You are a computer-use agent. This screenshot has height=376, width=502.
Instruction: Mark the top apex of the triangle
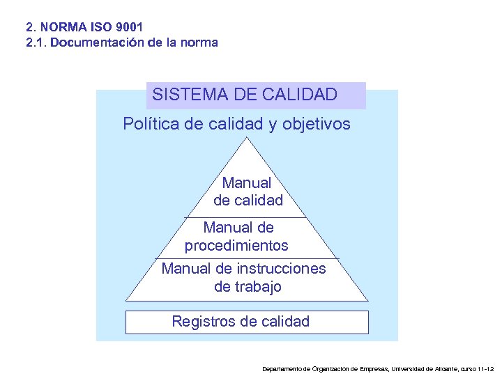[246, 137]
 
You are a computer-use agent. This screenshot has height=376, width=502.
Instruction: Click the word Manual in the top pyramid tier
[247, 183]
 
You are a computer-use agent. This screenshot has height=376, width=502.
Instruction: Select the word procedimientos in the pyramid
[236, 246]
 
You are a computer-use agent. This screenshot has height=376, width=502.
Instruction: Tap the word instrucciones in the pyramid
[281, 269]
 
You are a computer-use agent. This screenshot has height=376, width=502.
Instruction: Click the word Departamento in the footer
[282, 368]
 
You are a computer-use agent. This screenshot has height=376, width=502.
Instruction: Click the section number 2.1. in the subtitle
[36, 42]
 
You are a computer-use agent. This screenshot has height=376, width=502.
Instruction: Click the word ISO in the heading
[98, 28]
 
